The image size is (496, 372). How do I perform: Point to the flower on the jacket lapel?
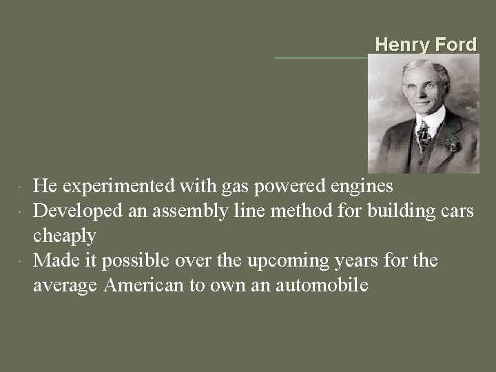(x=451, y=145)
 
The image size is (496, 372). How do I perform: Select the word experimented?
(x=113, y=186)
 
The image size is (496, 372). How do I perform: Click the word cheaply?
(x=65, y=236)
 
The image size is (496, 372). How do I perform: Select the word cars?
(x=455, y=211)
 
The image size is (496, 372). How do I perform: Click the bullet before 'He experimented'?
(x=23, y=187)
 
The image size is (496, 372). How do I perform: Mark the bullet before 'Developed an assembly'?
(x=23, y=211)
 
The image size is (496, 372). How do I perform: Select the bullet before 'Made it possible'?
(x=23, y=261)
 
